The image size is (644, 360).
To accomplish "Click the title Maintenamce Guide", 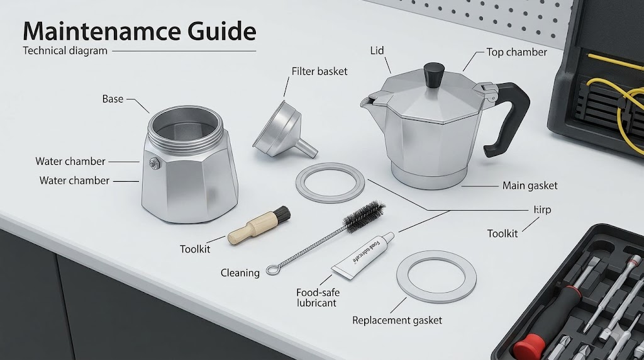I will click(x=139, y=31).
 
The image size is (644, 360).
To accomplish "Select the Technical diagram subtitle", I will click(x=65, y=51).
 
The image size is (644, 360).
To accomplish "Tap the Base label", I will click(x=113, y=99).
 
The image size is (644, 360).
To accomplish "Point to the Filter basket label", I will click(x=319, y=72).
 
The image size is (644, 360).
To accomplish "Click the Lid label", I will click(x=377, y=50).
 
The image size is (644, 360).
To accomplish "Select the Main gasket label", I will click(x=530, y=186).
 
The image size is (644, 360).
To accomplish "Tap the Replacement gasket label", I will click(x=397, y=320).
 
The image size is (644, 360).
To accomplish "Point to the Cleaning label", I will click(x=240, y=273).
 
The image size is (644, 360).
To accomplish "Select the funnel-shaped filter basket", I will click(x=281, y=128).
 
